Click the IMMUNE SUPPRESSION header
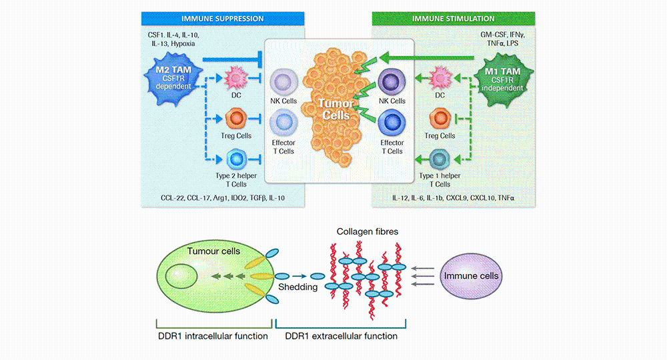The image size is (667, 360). [x=223, y=19]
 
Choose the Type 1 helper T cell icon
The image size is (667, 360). [x=440, y=159]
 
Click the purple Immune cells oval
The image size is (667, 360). [x=471, y=275]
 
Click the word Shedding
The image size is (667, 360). [x=298, y=289]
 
